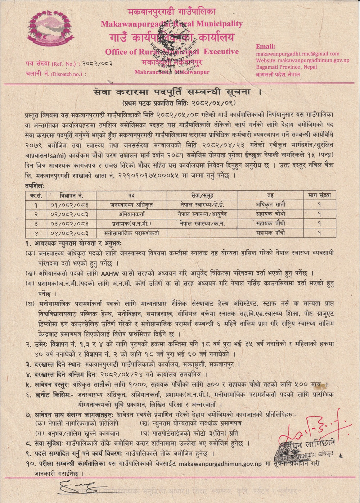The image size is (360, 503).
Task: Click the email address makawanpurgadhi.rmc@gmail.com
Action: (x=297, y=54)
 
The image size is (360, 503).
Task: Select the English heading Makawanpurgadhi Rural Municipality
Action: (x=172, y=24)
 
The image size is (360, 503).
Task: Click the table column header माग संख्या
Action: (x=319, y=195)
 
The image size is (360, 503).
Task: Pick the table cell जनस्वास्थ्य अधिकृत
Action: (x=131, y=205)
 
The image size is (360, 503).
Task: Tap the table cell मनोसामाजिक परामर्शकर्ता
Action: (x=131, y=233)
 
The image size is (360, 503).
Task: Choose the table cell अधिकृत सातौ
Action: (x=271, y=205)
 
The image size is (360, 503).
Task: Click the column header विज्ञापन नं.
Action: (x=72, y=195)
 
